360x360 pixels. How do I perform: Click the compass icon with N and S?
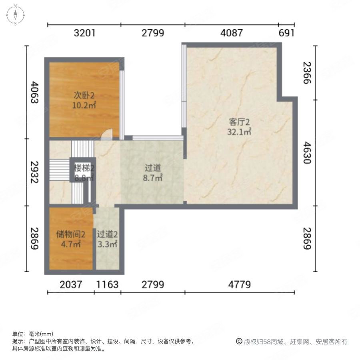pos(15,15)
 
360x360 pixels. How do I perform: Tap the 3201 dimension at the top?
pos(84,33)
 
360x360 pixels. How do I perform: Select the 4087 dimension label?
pos(231,33)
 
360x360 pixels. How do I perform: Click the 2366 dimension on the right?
pos(307,73)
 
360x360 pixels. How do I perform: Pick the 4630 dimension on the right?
pos(307,152)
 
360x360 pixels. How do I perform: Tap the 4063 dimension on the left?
pos(35,93)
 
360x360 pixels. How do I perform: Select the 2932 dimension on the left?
pos(35,172)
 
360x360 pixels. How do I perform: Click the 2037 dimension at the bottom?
pos(71,285)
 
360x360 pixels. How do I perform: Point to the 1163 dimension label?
pos(107,285)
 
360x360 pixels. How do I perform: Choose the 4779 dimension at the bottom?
pos(239,285)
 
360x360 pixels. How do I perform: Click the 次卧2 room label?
pos(84,96)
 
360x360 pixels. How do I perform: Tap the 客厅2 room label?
pos(239,121)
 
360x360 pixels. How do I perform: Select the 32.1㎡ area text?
pos(239,132)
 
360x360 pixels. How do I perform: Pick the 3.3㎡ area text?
pos(107,244)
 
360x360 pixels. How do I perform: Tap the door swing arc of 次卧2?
pos(106,135)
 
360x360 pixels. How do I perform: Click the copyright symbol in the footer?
pos(239,342)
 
